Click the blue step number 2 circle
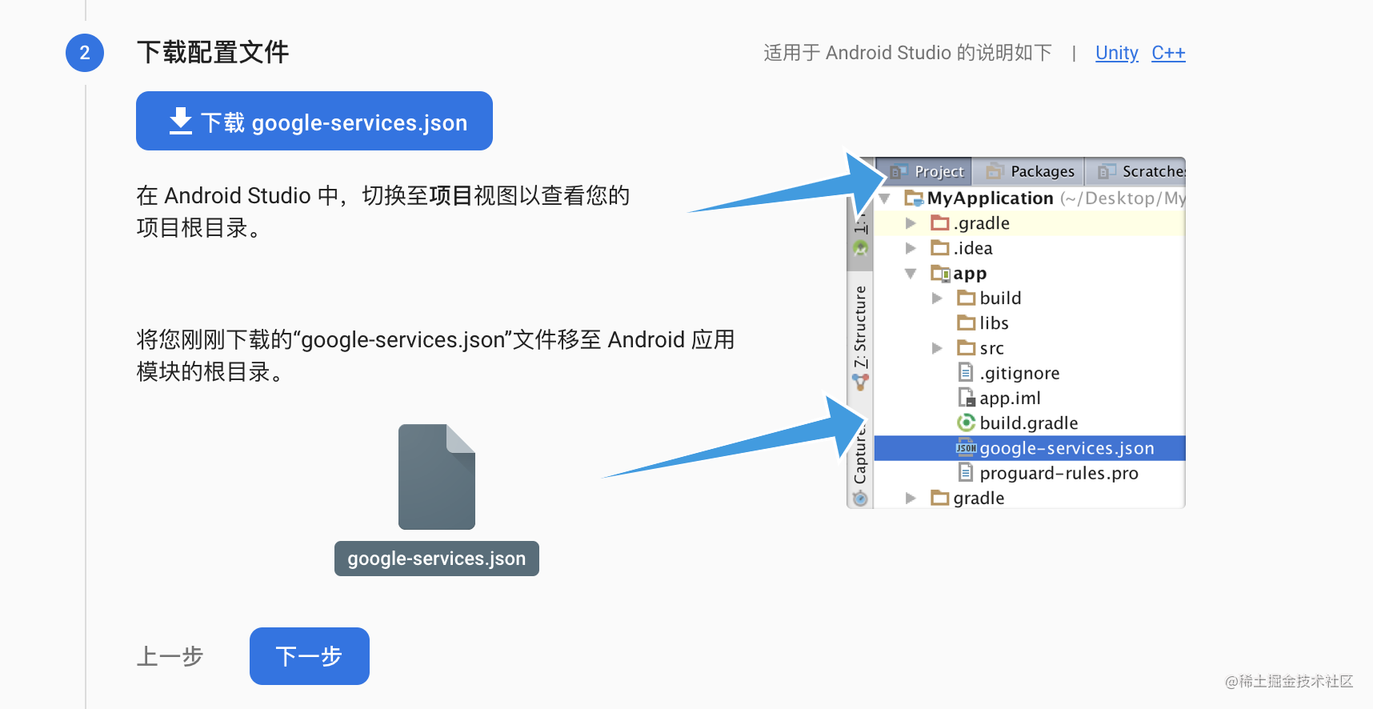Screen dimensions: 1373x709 pos(85,53)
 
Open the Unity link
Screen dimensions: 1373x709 pos(1116,53)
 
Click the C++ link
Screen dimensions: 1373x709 pos(1168,53)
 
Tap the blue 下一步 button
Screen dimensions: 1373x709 pos(310,656)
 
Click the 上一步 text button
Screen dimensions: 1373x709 pos(170,656)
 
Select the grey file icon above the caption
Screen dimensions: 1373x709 pos(437,477)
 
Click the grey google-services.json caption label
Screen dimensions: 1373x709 pos(437,559)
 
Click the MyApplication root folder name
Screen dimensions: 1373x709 pos(990,198)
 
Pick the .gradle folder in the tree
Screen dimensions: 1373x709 pos(971,223)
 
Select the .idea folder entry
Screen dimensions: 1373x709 pos(962,248)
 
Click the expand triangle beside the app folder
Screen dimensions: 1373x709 pos(911,274)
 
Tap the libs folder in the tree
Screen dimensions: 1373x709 pos(983,323)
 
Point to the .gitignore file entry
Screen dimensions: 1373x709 pos(1009,373)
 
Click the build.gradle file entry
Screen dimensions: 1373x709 pos(1018,423)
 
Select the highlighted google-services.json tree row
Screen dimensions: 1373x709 pos(1030,448)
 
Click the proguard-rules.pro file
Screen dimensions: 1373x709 pos(1048,473)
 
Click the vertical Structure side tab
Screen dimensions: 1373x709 pos(860,326)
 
